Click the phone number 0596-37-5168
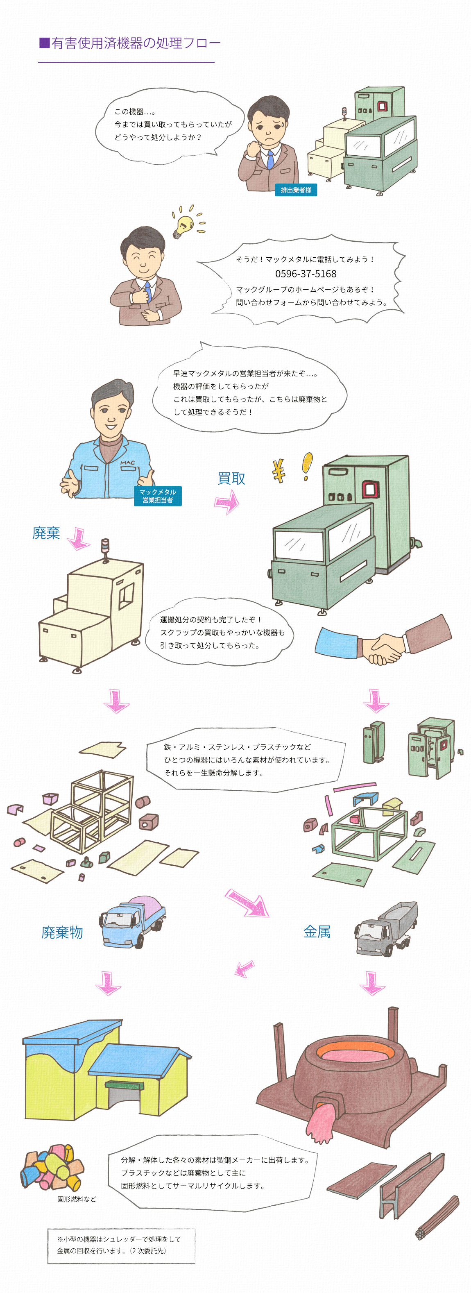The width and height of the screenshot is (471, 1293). coord(306,274)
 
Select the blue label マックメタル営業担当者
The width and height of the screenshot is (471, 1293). coord(158,496)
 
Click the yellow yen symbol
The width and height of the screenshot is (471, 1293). coord(279,471)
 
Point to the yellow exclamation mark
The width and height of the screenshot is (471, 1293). coord(307,465)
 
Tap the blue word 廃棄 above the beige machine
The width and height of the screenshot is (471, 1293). coord(46,533)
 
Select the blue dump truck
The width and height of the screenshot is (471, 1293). coord(132,921)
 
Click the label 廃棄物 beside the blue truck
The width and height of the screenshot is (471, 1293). coord(62,932)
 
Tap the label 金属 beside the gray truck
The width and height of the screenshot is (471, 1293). coord(317,932)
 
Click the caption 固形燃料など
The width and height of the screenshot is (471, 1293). coord(76,1199)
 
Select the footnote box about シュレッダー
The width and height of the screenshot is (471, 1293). coord(121,1246)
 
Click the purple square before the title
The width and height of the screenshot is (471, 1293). coord(44,43)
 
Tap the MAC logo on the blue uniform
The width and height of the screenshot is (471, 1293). coord(127,462)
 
